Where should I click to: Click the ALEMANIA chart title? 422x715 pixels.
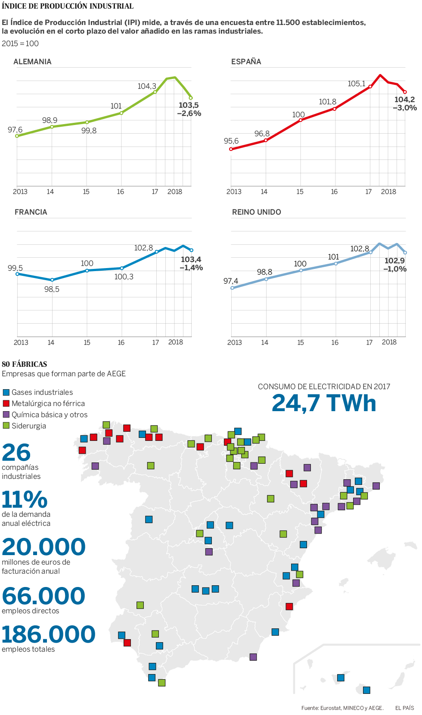tap(32, 62)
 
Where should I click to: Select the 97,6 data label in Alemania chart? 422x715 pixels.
tap(15, 130)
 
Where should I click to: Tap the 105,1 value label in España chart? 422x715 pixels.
tap(357, 84)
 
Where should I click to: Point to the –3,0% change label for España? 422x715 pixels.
tap(405, 108)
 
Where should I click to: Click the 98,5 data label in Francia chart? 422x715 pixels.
tap(52, 289)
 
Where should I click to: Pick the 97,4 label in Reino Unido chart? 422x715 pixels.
tap(231, 281)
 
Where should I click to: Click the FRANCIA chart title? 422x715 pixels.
tap(31, 212)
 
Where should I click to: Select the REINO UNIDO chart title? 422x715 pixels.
tap(257, 212)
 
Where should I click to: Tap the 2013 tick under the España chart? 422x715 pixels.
tap(234, 192)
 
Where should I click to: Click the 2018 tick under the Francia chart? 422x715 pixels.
tap(176, 342)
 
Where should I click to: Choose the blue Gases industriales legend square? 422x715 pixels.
tap(6, 392)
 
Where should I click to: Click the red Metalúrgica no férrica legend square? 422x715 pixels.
tap(6, 403)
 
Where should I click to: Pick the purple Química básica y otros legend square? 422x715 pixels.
tap(6, 415)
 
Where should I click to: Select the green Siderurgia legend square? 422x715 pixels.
tap(6, 426)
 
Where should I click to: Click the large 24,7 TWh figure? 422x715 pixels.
tap(324, 403)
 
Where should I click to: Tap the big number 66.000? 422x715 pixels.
tap(43, 596)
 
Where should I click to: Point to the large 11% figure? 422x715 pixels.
tap(25, 500)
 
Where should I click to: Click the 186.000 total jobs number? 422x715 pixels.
tap(48, 634)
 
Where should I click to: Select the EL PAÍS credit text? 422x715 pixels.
tap(405, 708)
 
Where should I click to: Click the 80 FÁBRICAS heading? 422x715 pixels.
tap(25, 364)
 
